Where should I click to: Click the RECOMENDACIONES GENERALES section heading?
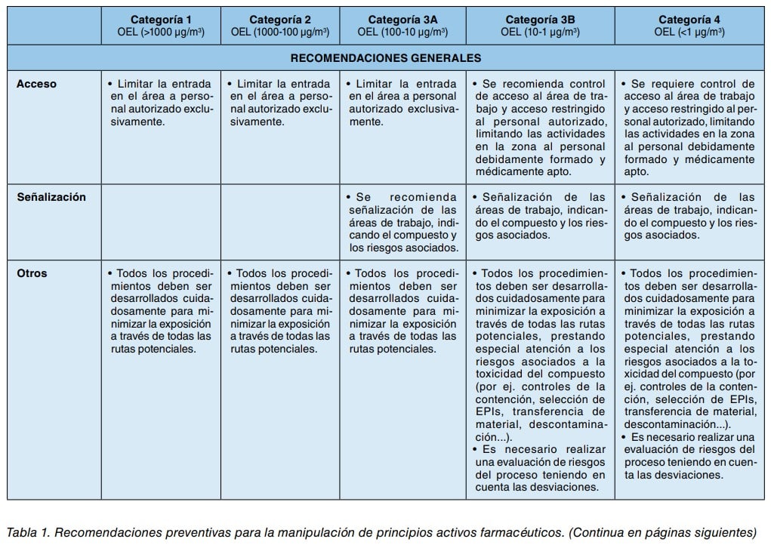tap(386, 57)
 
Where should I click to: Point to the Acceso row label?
tap(36, 84)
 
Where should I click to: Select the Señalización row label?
tap(51, 197)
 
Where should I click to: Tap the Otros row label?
tap(32, 273)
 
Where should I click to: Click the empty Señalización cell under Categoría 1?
tap(161, 221)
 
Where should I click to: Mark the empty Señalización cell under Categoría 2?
tap(280, 221)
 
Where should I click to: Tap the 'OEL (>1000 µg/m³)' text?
tap(161, 32)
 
